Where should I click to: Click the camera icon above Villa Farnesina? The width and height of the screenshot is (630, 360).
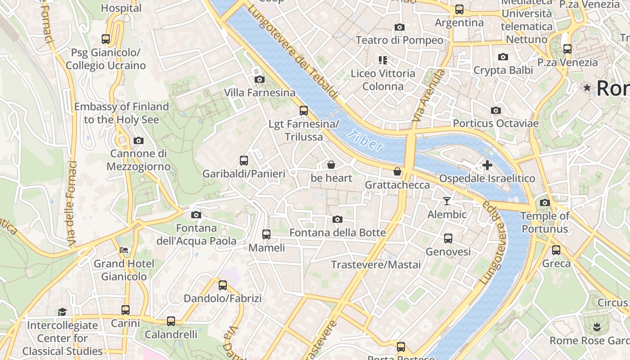[259, 80]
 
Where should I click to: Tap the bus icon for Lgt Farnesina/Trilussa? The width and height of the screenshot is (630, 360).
[304, 110]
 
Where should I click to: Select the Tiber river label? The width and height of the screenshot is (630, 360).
[366, 140]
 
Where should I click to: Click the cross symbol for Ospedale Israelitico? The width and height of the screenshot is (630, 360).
[487, 165]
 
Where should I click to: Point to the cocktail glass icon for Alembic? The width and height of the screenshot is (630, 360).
[447, 201]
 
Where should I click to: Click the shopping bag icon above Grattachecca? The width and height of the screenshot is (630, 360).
[397, 171]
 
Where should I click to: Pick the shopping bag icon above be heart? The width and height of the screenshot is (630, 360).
[331, 165]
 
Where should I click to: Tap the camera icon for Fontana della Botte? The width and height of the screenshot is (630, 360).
[337, 220]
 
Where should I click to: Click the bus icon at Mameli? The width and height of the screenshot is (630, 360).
[266, 234]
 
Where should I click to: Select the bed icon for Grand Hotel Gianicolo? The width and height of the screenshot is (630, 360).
[124, 250]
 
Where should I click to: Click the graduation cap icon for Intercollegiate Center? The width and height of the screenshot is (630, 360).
[62, 312]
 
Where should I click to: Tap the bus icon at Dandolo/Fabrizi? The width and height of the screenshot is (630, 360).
[223, 285]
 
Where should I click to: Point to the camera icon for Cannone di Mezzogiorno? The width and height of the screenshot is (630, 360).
[139, 141]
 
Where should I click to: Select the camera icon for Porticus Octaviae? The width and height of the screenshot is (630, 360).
[496, 110]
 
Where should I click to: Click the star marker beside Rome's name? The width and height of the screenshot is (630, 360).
[587, 88]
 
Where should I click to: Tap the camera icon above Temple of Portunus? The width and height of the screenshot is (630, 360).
[545, 202]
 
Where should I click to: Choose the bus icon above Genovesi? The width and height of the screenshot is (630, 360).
[448, 238]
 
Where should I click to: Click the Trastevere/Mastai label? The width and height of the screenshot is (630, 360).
[376, 265]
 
